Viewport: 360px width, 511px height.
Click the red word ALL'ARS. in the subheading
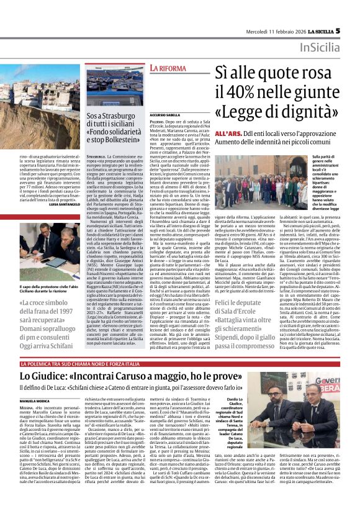pyautogui.click(x=227, y=133)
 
